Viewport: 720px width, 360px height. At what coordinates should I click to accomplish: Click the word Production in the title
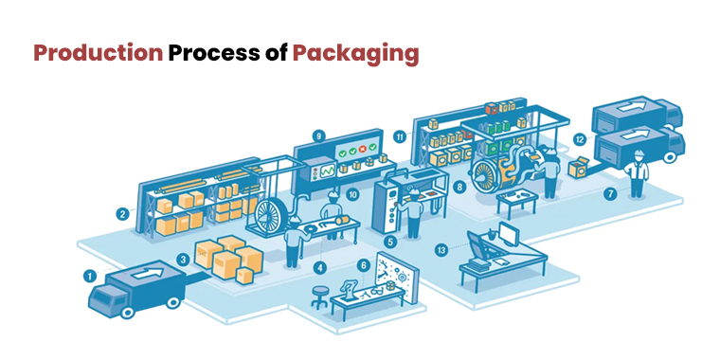(98, 53)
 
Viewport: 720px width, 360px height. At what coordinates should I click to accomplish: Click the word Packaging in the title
(355, 54)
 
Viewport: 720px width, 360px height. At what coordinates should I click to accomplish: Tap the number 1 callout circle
(89, 277)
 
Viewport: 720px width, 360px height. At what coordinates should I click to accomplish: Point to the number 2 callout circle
(122, 214)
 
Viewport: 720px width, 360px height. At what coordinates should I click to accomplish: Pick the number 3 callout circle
(182, 259)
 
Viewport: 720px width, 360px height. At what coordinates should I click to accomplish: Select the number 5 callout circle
(389, 242)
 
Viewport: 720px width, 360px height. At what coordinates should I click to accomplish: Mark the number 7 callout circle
(610, 194)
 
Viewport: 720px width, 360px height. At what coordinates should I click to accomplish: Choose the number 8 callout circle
(459, 188)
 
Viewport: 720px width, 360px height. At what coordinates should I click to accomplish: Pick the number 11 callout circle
(400, 136)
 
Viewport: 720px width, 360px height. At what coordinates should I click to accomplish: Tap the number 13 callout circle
(441, 250)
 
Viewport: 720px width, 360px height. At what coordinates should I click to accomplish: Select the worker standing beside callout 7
(637, 172)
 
